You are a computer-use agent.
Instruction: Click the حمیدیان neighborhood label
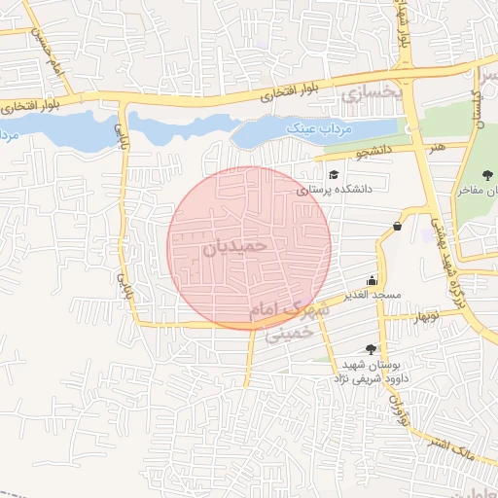pos(234,247)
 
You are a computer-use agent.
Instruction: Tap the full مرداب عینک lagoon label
pos(319,127)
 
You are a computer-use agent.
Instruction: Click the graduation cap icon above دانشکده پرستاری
pos(334,175)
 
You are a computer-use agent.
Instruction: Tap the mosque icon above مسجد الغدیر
pos(372,278)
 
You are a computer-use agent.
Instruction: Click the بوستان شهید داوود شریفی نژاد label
pos(374,370)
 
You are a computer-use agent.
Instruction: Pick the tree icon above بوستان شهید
pos(370,348)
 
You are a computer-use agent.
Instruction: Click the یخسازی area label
pos(371,93)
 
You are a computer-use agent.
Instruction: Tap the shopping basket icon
pos(397,227)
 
